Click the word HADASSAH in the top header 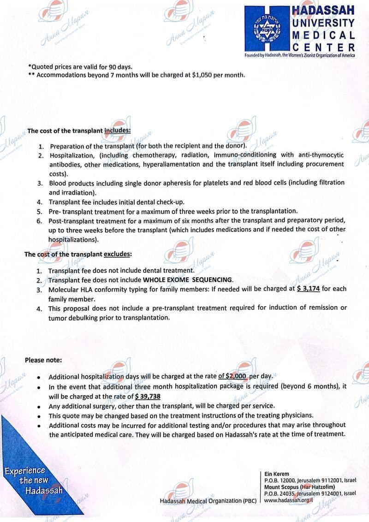(x=323, y=10)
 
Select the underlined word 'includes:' (x=118, y=130)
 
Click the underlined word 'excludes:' (x=118, y=254)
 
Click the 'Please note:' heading (x=43, y=360)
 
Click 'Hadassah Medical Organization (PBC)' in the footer (x=208, y=501)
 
